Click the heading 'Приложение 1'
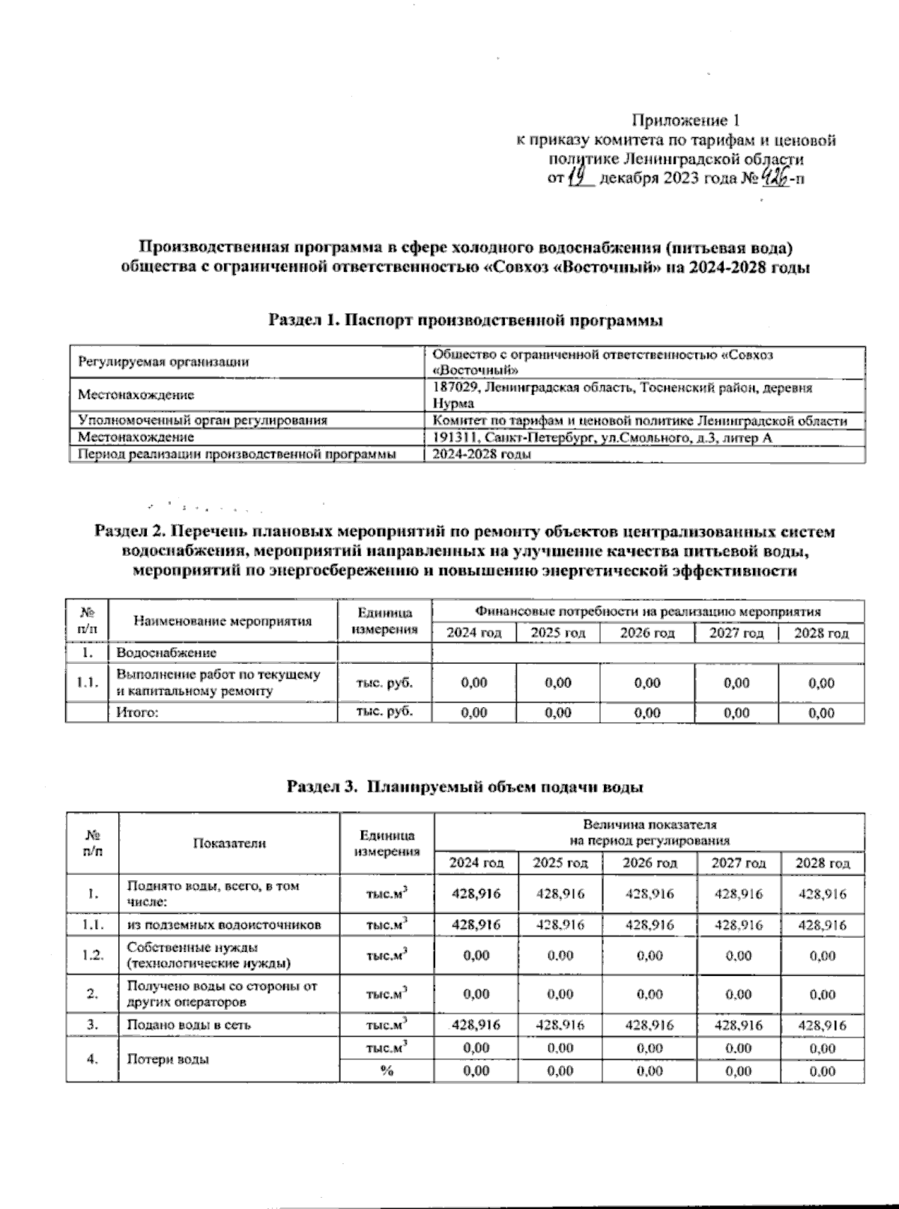[x=687, y=121]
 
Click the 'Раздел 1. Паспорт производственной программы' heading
[x=465, y=321]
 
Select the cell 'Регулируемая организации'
[x=163, y=363]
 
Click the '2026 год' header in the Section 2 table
[x=647, y=633]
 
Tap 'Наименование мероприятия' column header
[x=223, y=621]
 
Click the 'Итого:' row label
[x=137, y=712]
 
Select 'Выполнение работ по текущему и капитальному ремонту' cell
[x=218, y=682]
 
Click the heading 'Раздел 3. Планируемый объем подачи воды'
[x=464, y=787]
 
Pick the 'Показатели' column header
[x=229, y=843]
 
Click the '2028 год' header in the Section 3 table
[x=822, y=863]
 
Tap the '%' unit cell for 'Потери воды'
[x=387, y=1071]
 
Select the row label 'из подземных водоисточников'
[x=224, y=925]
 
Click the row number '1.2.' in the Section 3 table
[x=92, y=956]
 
